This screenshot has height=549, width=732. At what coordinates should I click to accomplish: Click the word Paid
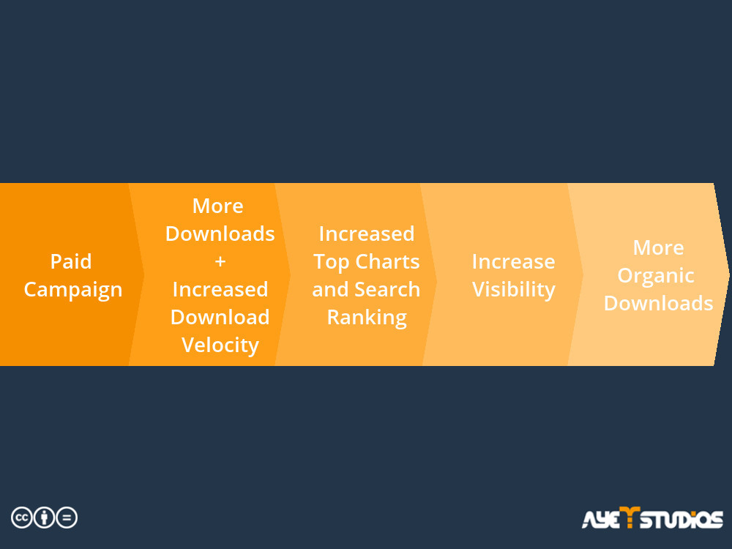pos(71,261)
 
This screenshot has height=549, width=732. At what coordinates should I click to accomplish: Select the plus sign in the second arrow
pos(220,261)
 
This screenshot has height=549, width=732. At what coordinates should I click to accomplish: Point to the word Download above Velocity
pos(220,318)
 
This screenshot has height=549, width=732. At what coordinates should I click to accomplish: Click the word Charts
pos(387,261)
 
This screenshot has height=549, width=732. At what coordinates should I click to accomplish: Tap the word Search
pos(387,289)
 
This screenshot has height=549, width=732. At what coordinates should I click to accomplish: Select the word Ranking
pos(367,318)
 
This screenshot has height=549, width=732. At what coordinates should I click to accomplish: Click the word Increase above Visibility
pos(514,261)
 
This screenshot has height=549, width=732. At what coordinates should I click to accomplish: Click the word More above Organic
pos(658,247)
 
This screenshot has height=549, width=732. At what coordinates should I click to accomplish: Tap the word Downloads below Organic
pos(658,304)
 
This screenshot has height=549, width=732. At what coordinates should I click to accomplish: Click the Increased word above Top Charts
pos(367,234)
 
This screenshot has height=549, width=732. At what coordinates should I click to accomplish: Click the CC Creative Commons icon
pos(22,518)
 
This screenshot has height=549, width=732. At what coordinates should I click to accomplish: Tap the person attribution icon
pos(45,518)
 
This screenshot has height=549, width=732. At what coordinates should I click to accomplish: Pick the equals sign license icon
pos(67,518)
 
